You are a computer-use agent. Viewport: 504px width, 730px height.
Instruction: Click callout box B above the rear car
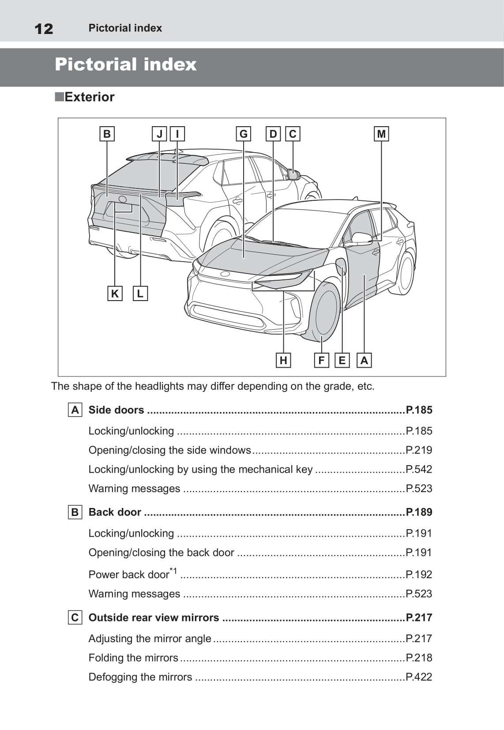pyautogui.click(x=107, y=134)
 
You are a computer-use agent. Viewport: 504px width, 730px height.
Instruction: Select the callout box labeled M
pyautogui.click(x=381, y=134)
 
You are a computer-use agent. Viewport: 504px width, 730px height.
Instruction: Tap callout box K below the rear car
pyautogui.click(x=115, y=294)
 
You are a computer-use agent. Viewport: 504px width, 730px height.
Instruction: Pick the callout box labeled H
pyautogui.click(x=283, y=361)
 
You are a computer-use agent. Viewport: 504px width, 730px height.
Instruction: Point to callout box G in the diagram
pyautogui.click(x=243, y=134)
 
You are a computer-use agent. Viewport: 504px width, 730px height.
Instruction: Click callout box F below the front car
pyautogui.click(x=321, y=361)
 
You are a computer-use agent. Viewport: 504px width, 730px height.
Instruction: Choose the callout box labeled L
pyautogui.click(x=140, y=294)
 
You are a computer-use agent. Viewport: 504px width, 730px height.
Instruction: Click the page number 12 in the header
pyautogui.click(x=44, y=29)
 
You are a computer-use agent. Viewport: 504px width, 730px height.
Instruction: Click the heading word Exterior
pyautogui.click(x=89, y=97)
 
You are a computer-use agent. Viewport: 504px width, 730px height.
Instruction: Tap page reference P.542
pyautogui.click(x=419, y=469)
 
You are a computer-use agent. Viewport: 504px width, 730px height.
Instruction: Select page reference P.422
pyautogui.click(x=419, y=677)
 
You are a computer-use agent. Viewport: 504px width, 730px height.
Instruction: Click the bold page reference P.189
pyautogui.click(x=419, y=512)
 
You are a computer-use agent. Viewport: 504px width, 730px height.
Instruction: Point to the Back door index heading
pyautogui.click(x=115, y=512)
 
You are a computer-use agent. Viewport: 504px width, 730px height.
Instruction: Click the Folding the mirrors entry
pyautogui.click(x=133, y=658)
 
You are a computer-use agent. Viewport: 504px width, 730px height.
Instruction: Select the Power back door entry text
pyautogui.click(x=129, y=574)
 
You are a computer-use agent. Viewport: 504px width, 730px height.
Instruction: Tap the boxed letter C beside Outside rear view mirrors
pyautogui.click(x=75, y=617)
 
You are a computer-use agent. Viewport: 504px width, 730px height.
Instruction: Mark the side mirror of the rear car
pyautogui.click(x=293, y=175)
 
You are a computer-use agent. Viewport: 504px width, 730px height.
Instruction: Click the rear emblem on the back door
pyautogui.click(x=123, y=199)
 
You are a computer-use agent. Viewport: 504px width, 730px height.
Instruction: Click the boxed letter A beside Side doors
pyautogui.click(x=75, y=410)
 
